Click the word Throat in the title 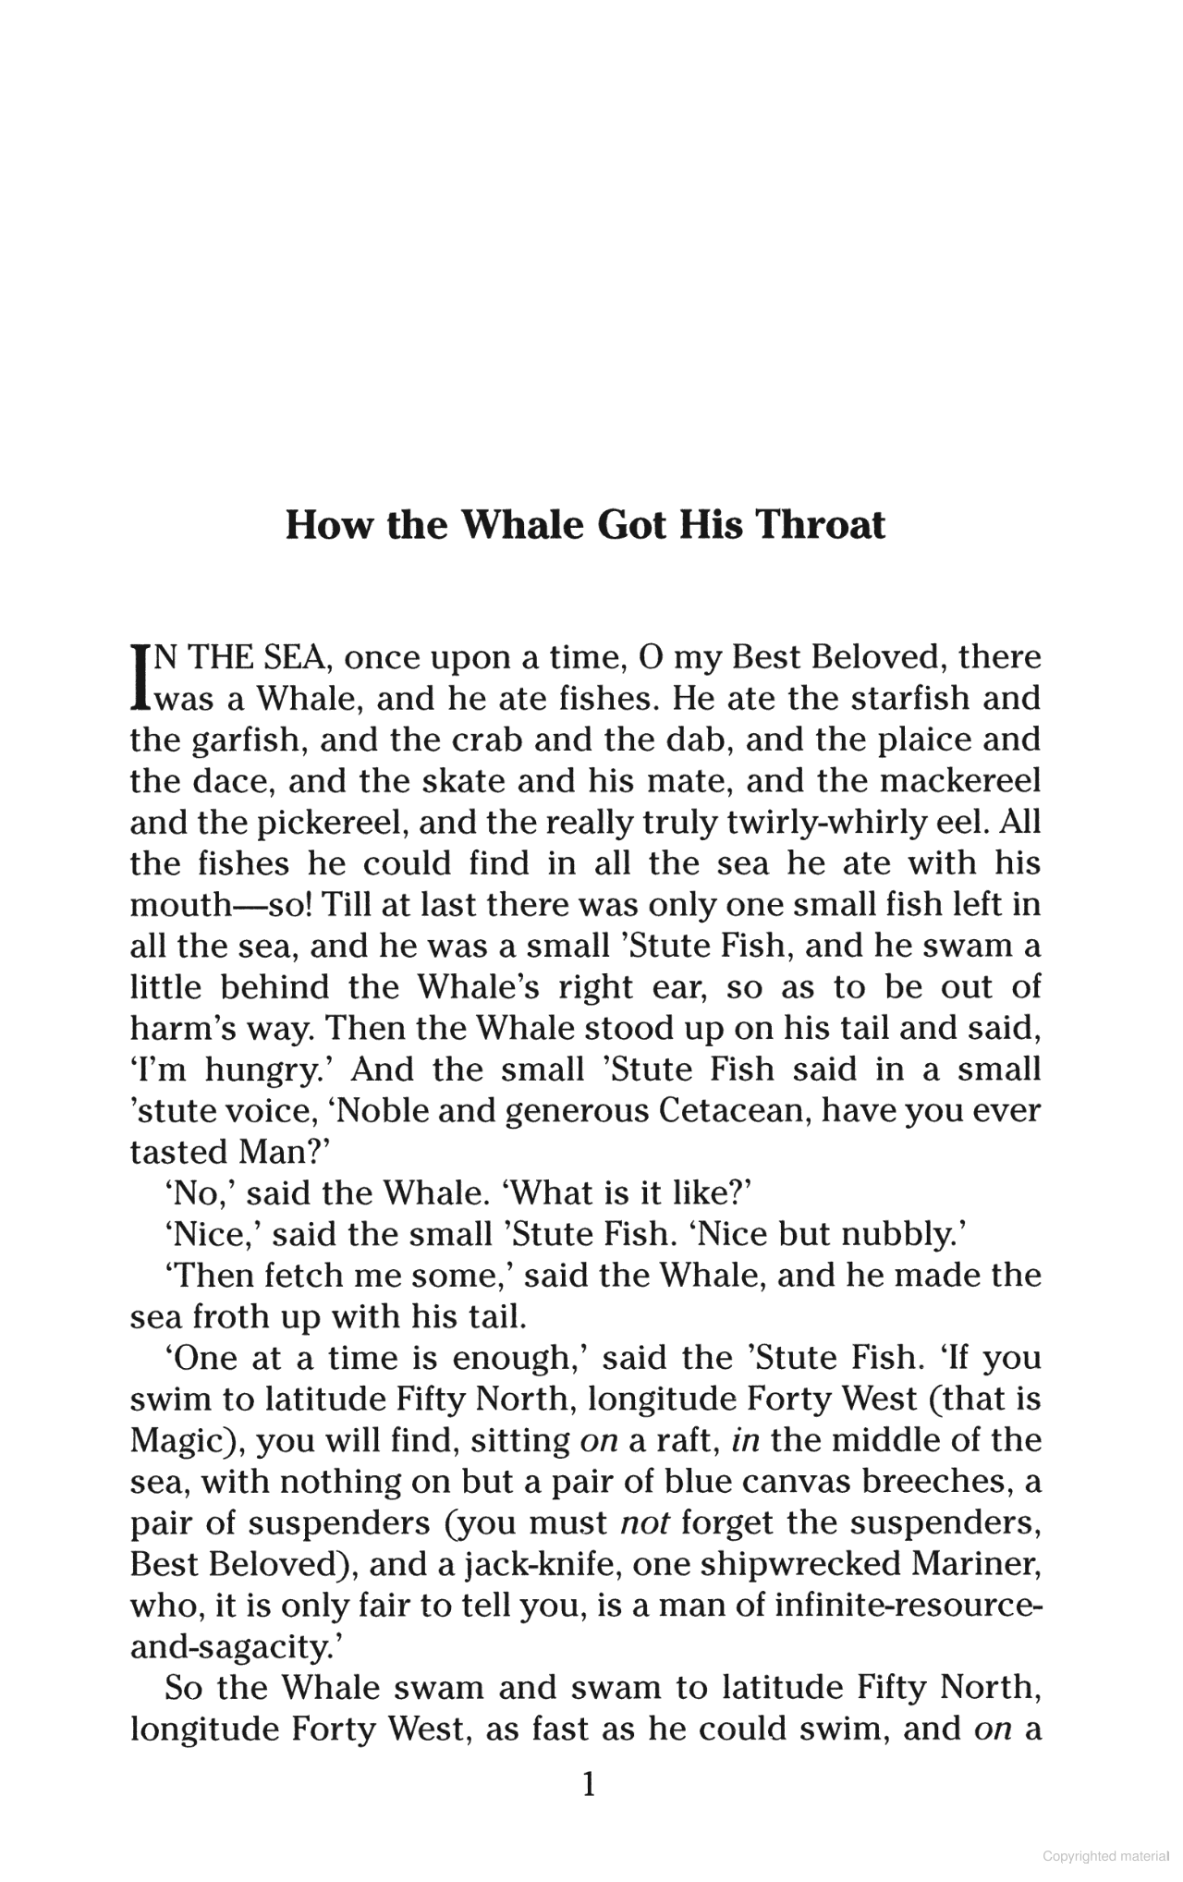coord(821,524)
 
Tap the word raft coord(672,1440)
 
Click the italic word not coord(644,1522)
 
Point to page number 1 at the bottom coord(589,1784)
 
